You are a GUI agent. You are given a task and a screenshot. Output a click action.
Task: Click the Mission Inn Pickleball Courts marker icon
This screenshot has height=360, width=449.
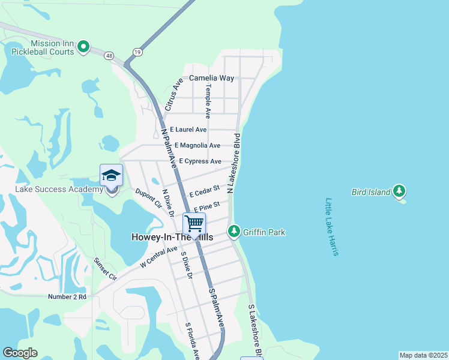(x=84, y=46)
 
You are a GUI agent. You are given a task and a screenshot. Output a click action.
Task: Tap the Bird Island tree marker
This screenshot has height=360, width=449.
(x=399, y=192)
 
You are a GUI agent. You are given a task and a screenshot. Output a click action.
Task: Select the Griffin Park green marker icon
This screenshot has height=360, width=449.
(x=234, y=232)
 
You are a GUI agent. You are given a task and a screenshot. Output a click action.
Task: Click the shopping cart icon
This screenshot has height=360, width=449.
(x=194, y=224)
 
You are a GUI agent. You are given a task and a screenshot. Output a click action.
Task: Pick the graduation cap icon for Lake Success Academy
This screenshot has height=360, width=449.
(x=111, y=175)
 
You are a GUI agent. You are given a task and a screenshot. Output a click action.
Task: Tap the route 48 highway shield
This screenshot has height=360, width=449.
(x=108, y=56)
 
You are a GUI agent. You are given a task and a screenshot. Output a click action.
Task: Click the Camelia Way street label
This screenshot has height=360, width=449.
(x=211, y=78)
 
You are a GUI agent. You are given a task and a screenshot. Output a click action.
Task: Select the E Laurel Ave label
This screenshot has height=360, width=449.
(x=188, y=130)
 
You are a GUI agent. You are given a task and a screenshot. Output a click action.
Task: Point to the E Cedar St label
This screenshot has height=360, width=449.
(x=204, y=191)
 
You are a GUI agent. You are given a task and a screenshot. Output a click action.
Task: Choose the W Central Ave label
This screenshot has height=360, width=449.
(x=159, y=257)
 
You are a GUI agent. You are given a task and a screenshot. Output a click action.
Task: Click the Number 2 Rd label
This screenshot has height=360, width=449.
(x=67, y=296)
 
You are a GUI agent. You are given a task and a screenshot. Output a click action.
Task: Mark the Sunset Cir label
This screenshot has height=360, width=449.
(x=104, y=268)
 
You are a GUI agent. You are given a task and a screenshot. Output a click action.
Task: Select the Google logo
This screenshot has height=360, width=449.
(x=20, y=353)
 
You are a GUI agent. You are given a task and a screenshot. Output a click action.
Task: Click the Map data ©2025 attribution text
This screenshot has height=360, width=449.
(x=423, y=355)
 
